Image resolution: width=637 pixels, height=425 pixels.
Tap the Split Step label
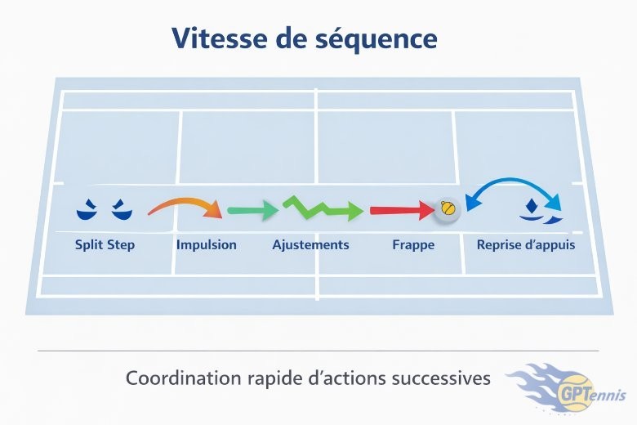point(105,244)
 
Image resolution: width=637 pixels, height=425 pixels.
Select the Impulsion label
point(207,244)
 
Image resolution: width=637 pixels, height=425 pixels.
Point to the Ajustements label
point(310,244)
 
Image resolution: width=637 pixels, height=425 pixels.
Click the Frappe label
point(412,244)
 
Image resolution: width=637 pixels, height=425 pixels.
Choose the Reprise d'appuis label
point(526,244)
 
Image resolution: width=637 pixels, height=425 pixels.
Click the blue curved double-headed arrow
point(512,190)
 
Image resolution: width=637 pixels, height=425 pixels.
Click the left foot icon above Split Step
point(86,211)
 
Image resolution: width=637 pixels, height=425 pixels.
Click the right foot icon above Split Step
point(120,210)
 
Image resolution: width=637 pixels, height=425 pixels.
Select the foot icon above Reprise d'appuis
point(537,212)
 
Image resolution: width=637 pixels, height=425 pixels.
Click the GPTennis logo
point(572,388)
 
